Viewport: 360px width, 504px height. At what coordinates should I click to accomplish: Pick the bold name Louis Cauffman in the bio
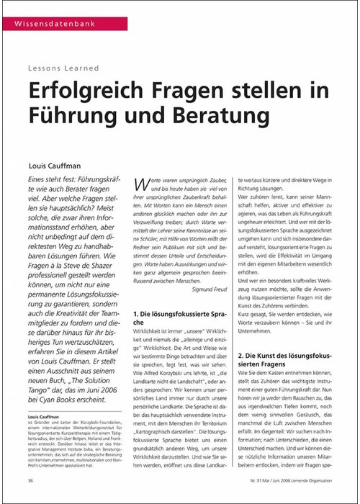[42, 417]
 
